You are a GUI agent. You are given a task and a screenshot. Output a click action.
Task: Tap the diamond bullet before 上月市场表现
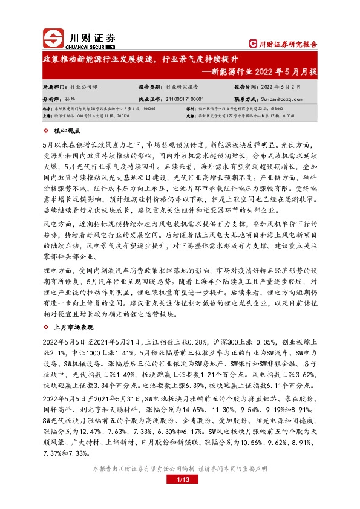tap(47, 325)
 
